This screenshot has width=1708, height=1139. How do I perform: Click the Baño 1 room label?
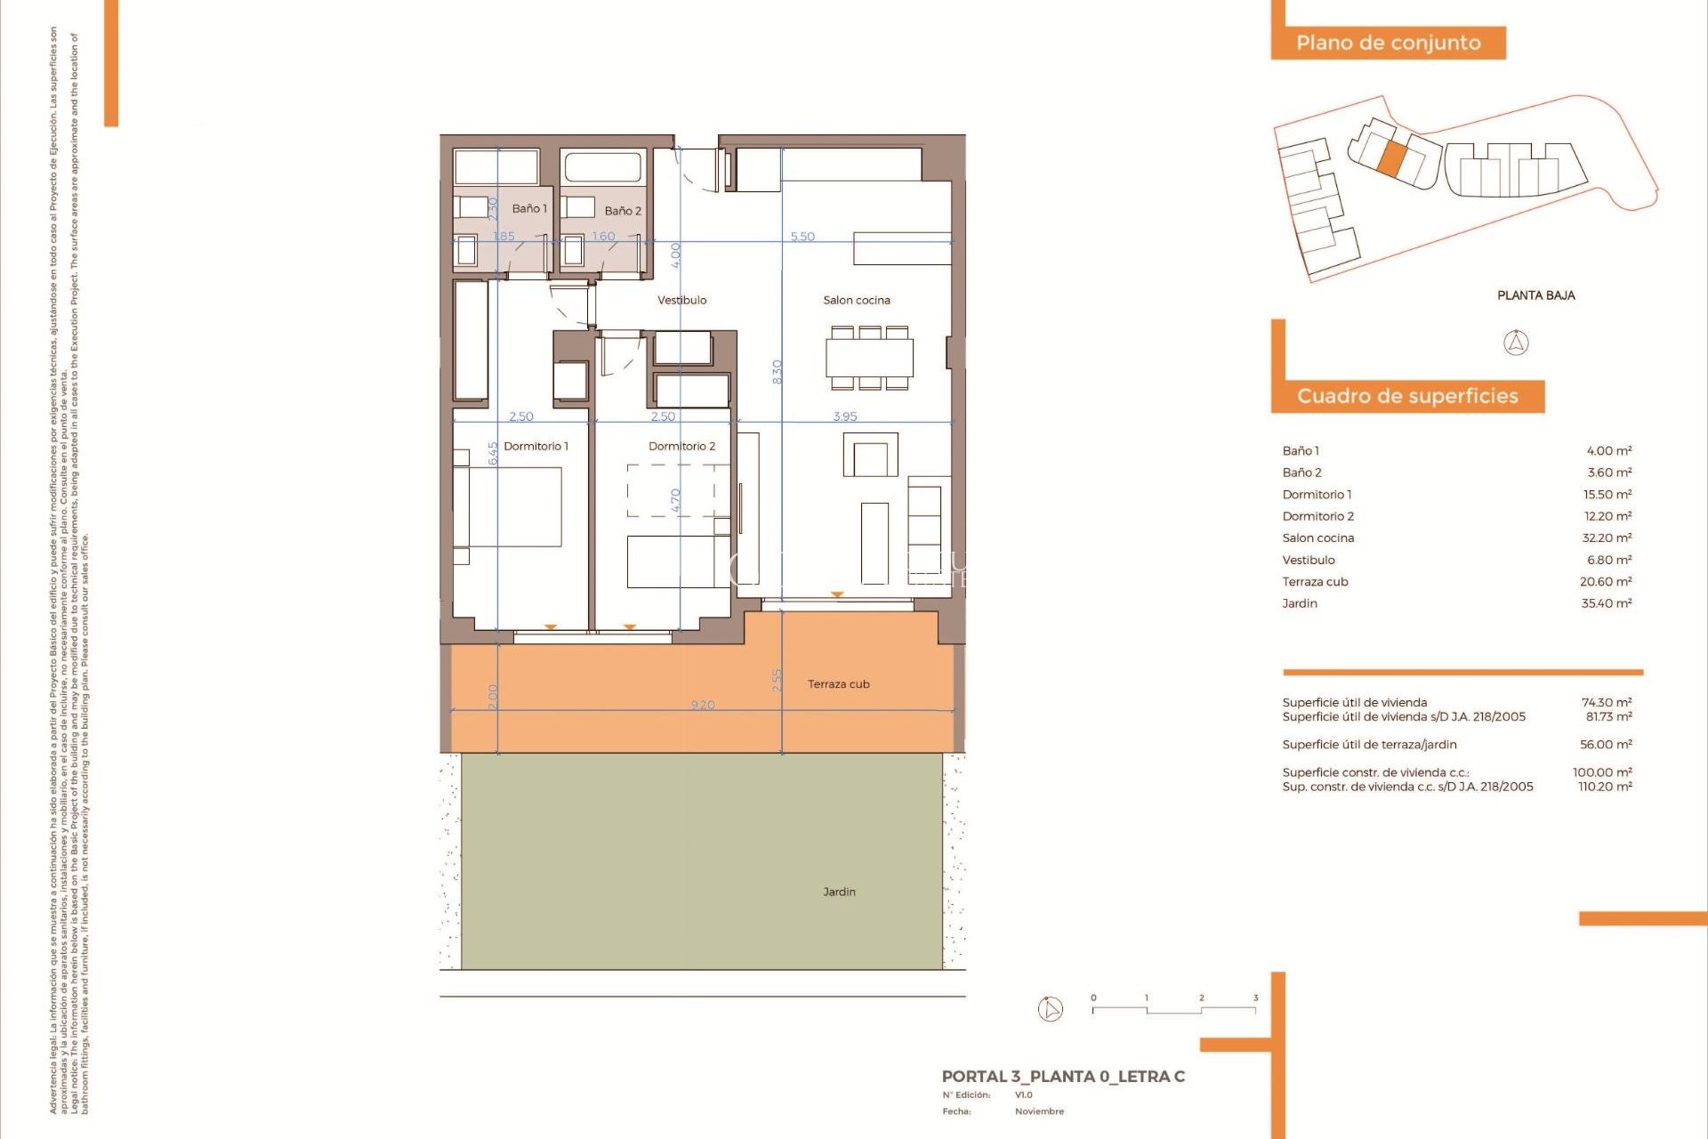pyautogui.click(x=529, y=208)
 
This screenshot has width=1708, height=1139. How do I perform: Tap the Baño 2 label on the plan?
pyautogui.click(x=623, y=211)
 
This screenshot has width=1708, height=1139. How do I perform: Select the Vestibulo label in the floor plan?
pyautogui.click(x=682, y=300)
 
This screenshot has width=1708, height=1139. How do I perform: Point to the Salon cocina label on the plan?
pyautogui.click(x=856, y=300)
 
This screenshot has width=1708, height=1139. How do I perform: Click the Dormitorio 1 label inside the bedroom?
pyautogui.click(x=536, y=446)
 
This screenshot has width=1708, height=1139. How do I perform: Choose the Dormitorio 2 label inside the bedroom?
pyautogui.click(x=681, y=446)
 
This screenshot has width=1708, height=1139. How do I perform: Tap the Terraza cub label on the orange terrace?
pyautogui.click(x=838, y=684)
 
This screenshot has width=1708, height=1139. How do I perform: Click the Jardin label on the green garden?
pyautogui.click(x=839, y=892)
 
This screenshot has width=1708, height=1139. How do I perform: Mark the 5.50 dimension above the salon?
pyautogui.click(x=802, y=237)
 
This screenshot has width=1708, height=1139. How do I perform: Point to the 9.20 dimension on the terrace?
pyautogui.click(x=703, y=705)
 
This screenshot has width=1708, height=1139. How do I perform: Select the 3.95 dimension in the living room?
pyautogui.click(x=845, y=416)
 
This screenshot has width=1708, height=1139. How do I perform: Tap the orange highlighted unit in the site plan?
pyautogui.click(x=1392, y=158)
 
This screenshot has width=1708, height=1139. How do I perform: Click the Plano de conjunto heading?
pyautogui.click(x=1388, y=43)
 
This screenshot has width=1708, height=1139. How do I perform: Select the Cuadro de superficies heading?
pyautogui.click(x=1407, y=396)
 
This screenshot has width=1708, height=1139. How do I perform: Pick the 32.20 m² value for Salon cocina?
pyautogui.click(x=1607, y=537)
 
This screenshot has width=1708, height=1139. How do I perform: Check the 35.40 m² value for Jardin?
pyautogui.click(x=1607, y=603)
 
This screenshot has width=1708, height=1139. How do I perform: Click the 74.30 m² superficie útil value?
pyautogui.click(x=1607, y=702)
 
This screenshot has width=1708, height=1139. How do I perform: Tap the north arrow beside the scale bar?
pyautogui.click(x=1051, y=1009)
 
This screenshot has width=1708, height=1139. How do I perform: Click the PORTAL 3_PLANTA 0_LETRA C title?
pyautogui.click(x=1063, y=1077)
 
